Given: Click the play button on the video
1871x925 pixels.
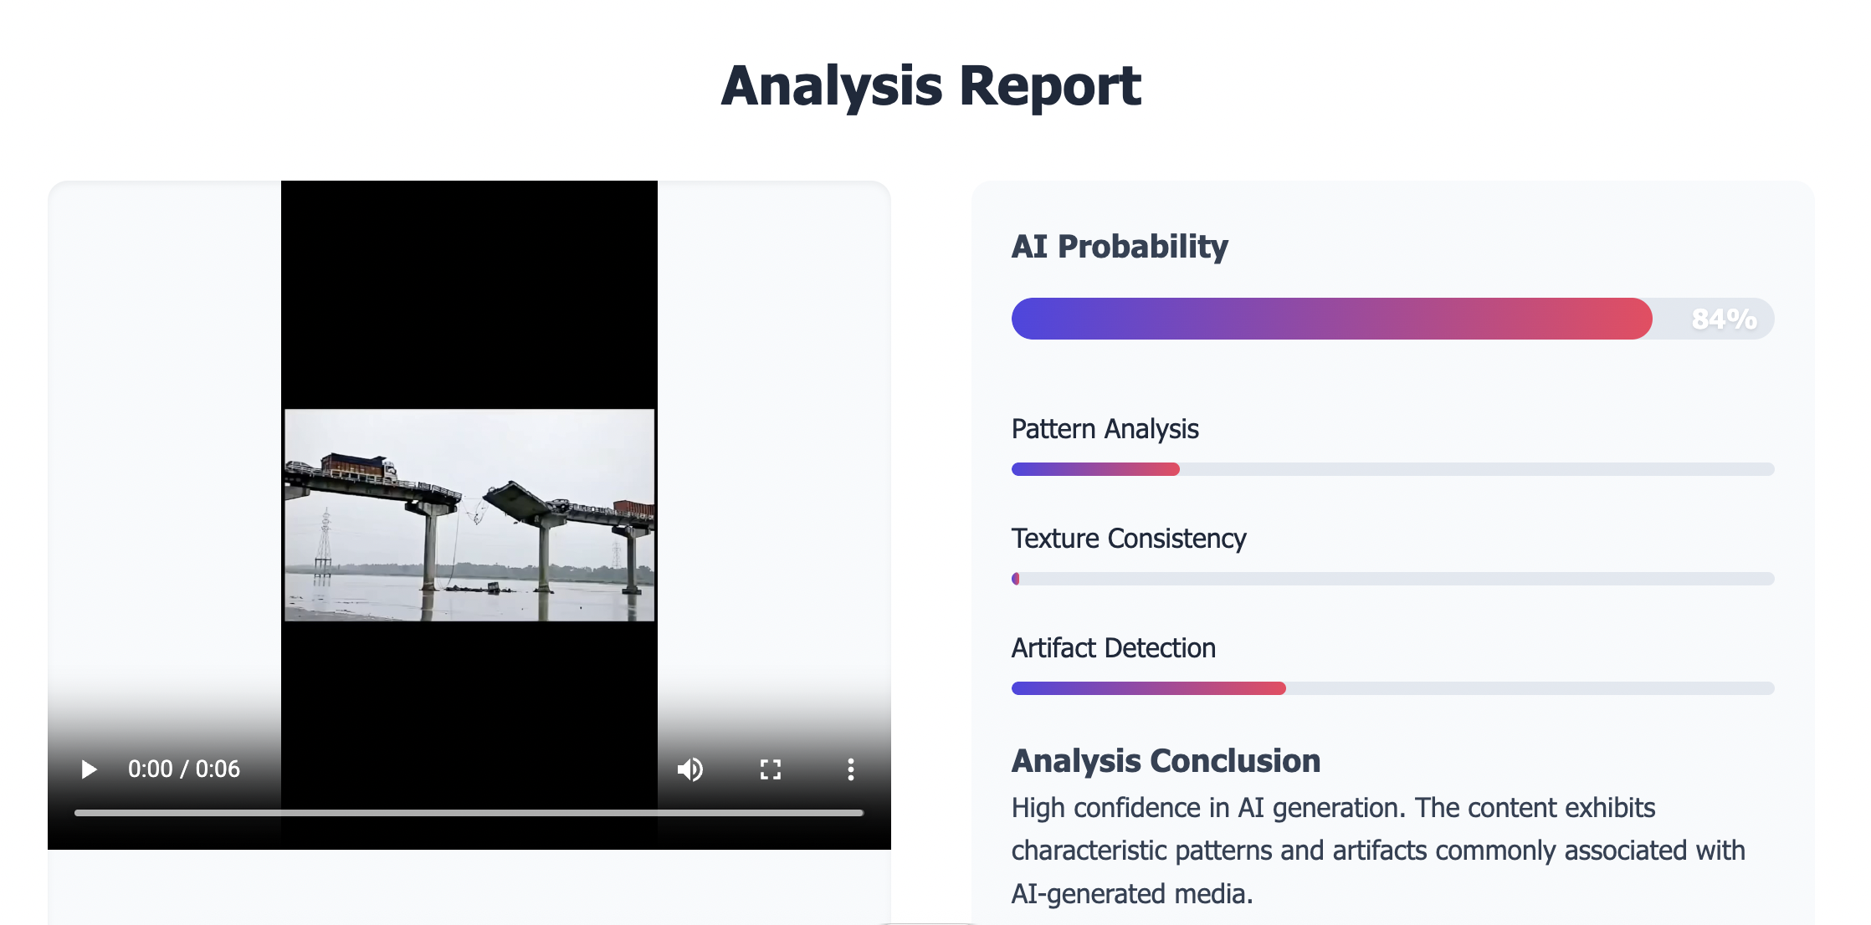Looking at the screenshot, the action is [x=89, y=769].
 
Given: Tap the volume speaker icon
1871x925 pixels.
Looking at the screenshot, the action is [x=690, y=769].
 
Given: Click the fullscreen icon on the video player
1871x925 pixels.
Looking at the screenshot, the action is [x=771, y=769].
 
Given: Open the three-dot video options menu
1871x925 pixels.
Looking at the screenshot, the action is [x=851, y=769].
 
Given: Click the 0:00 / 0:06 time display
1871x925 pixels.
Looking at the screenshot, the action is [x=184, y=769].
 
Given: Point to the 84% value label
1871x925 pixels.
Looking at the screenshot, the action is [x=1724, y=319].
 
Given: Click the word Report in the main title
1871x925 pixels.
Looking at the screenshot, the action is [x=1050, y=85].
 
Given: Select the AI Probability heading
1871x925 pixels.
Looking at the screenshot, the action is [x=1120, y=247].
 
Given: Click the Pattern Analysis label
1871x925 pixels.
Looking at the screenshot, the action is [x=1105, y=429].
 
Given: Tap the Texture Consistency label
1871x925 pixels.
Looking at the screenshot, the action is [x=1129, y=539].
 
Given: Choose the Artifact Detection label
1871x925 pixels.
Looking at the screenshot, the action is [x=1113, y=648].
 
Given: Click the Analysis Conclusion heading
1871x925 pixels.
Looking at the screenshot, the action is [x=1166, y=761].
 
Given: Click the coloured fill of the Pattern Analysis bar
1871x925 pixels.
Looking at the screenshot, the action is [x=1095, y=469].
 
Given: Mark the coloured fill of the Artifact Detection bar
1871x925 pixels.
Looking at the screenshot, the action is [x=1149, y=688].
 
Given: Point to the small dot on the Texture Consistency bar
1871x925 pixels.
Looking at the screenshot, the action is [x=1016, y=579].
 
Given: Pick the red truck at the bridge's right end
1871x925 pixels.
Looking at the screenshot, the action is [x=633, y=508].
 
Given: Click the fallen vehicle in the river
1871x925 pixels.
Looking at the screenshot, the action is [x=494, y=588].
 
